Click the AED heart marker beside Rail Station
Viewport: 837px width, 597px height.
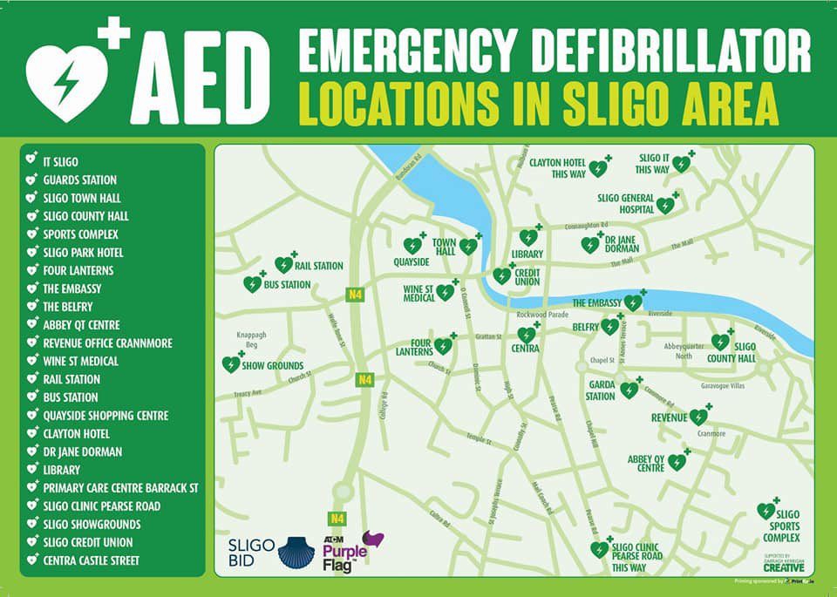point(283,265)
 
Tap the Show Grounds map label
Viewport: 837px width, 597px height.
point(272,366)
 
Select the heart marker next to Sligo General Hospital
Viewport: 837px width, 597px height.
point(665,207)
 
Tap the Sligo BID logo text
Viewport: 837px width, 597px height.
point(251,553)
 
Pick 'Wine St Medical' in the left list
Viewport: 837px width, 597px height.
point(80,361)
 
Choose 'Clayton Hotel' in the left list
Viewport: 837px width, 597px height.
point(76,433)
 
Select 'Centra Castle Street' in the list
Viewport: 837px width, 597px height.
point(91,560)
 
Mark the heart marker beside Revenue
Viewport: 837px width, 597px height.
point(697,417)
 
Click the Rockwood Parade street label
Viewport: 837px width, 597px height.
point(542,315)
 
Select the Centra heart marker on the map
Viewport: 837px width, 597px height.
point(527,335)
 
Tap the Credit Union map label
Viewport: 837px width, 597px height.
point(527,277)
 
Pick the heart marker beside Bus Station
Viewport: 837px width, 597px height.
point(252,284)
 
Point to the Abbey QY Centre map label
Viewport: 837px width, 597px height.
point(645,463)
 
